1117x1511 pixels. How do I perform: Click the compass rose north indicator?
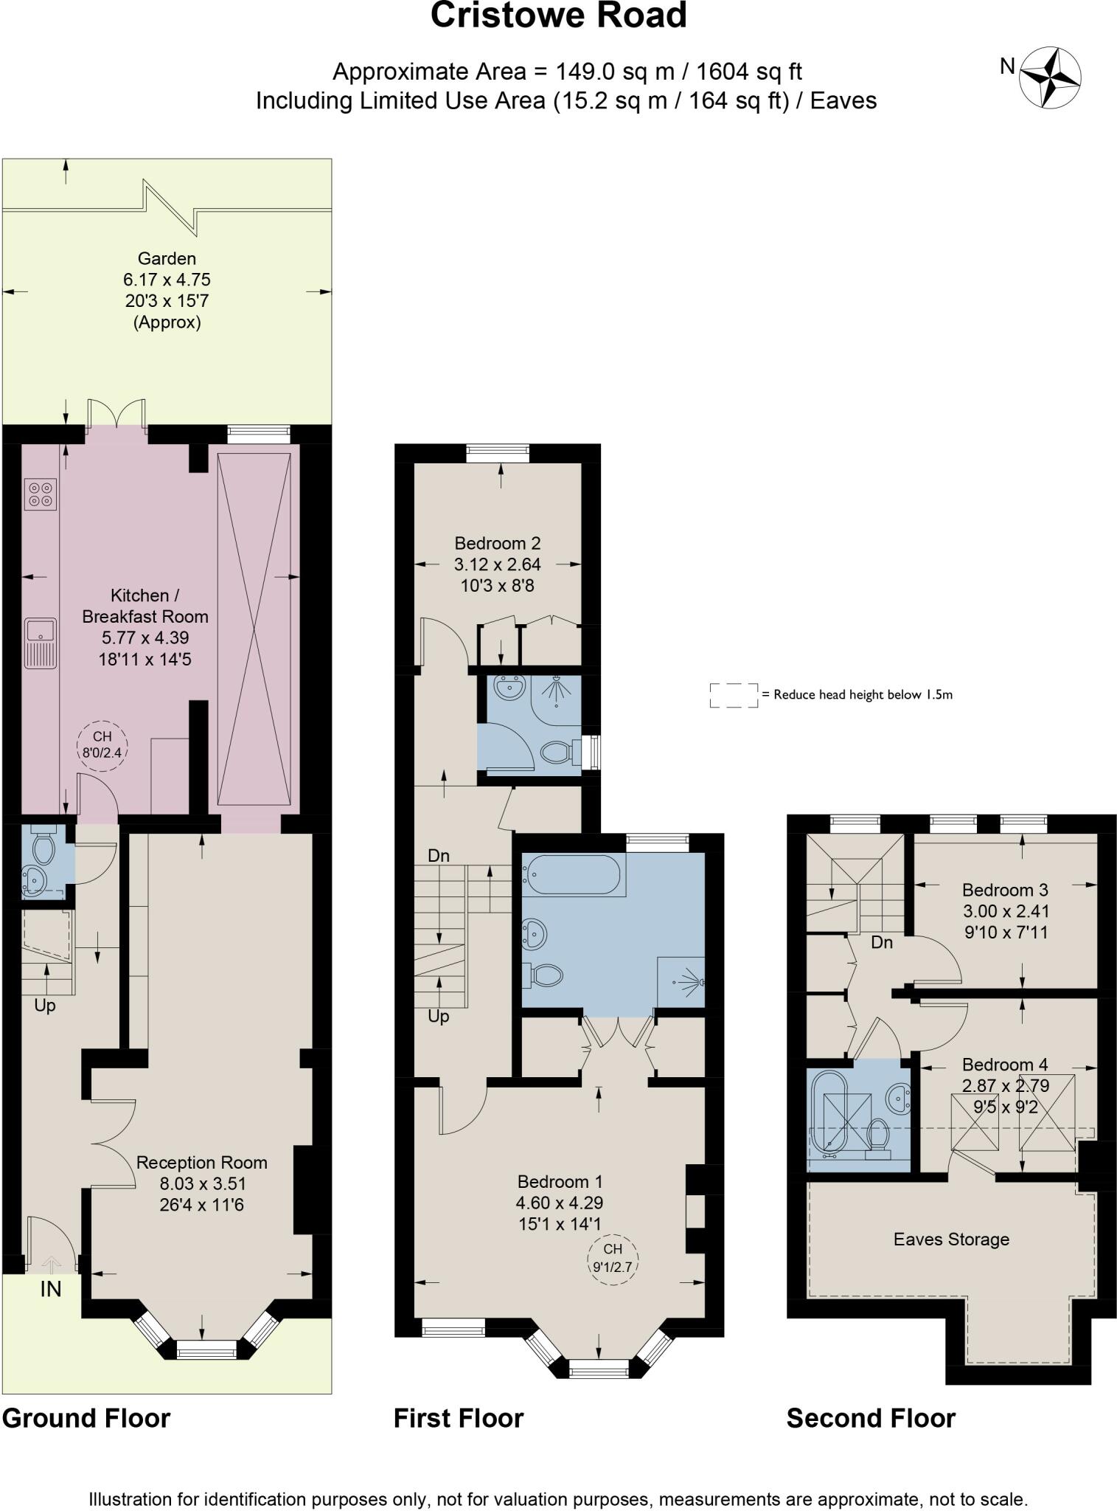coord(1050,76)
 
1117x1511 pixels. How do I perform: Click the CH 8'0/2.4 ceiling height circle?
coord(102,744)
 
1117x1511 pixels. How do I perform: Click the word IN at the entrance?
coord(50,1290)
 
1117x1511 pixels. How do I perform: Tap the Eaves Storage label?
coord(951,1239)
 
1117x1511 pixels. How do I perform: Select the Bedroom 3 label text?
coord(1005,890)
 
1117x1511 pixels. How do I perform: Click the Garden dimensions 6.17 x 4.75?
coord(167,280)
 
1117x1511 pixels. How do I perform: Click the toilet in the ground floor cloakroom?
coord(44,849)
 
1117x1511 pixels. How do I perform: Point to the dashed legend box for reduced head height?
coord(734,695)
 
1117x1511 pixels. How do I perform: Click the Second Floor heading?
coord(871,1418)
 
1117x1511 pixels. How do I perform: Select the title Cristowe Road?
coord(558,16)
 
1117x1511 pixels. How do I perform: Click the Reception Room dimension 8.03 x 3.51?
coord(202,1184)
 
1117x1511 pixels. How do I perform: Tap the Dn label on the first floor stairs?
coord(439,856)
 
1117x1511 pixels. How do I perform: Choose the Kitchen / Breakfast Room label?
coord(145,606)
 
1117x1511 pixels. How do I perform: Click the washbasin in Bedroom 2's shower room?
coord(509,688)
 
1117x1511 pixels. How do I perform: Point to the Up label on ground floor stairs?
coord(45,1006)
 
